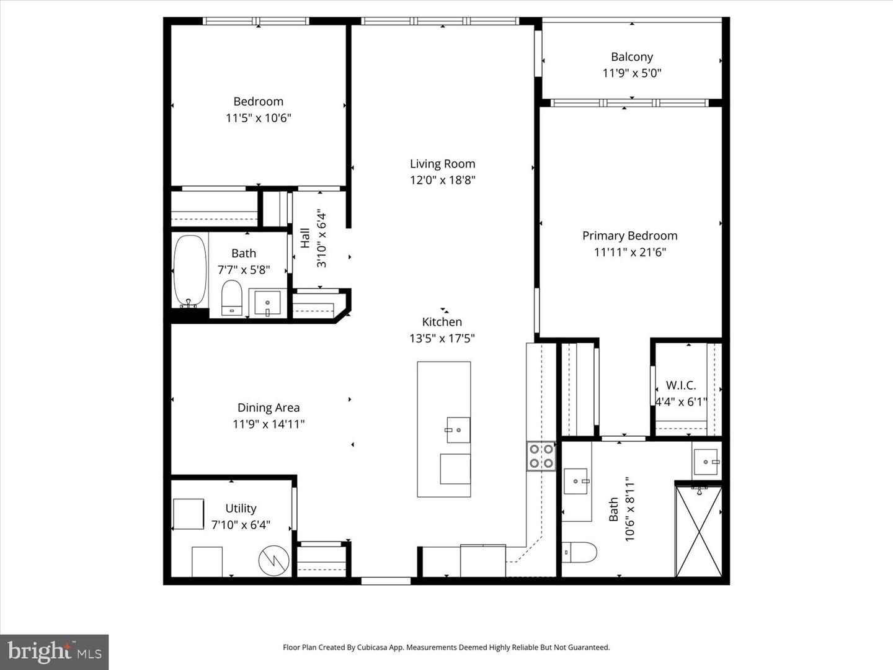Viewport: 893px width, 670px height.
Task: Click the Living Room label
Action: pos(442,164)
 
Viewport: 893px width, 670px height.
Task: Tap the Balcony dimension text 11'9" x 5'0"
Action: pos(631,73)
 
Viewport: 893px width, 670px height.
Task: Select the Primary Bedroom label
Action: pos(629,236)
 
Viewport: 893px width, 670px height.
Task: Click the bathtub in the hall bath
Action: pos(189,271)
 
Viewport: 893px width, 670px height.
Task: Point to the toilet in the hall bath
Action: pos(232,298)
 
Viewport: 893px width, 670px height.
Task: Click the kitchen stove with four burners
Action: pos(541,456)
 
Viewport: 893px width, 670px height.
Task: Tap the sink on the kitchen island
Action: pos(458,430)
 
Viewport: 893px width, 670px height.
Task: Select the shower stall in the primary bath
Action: pos(698,531)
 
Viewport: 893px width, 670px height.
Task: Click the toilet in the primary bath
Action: pos(580,552)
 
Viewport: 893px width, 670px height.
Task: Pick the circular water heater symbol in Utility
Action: pos(273,561)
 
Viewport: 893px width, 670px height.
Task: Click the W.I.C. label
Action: pos(681,385)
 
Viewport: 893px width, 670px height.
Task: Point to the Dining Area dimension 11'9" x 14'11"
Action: pos(269,424)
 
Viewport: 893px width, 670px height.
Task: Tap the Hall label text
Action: pos(305,238)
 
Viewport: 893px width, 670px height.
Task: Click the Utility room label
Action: pos(241,509)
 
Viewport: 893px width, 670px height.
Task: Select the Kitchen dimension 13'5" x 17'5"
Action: pos(442,339)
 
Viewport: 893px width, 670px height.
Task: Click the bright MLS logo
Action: pos(55,652)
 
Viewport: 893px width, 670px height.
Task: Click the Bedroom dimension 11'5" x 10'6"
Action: pos(258,118)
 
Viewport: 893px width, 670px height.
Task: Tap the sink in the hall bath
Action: pos(267,303)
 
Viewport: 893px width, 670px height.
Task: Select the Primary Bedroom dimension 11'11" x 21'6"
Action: pos(629,252)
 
